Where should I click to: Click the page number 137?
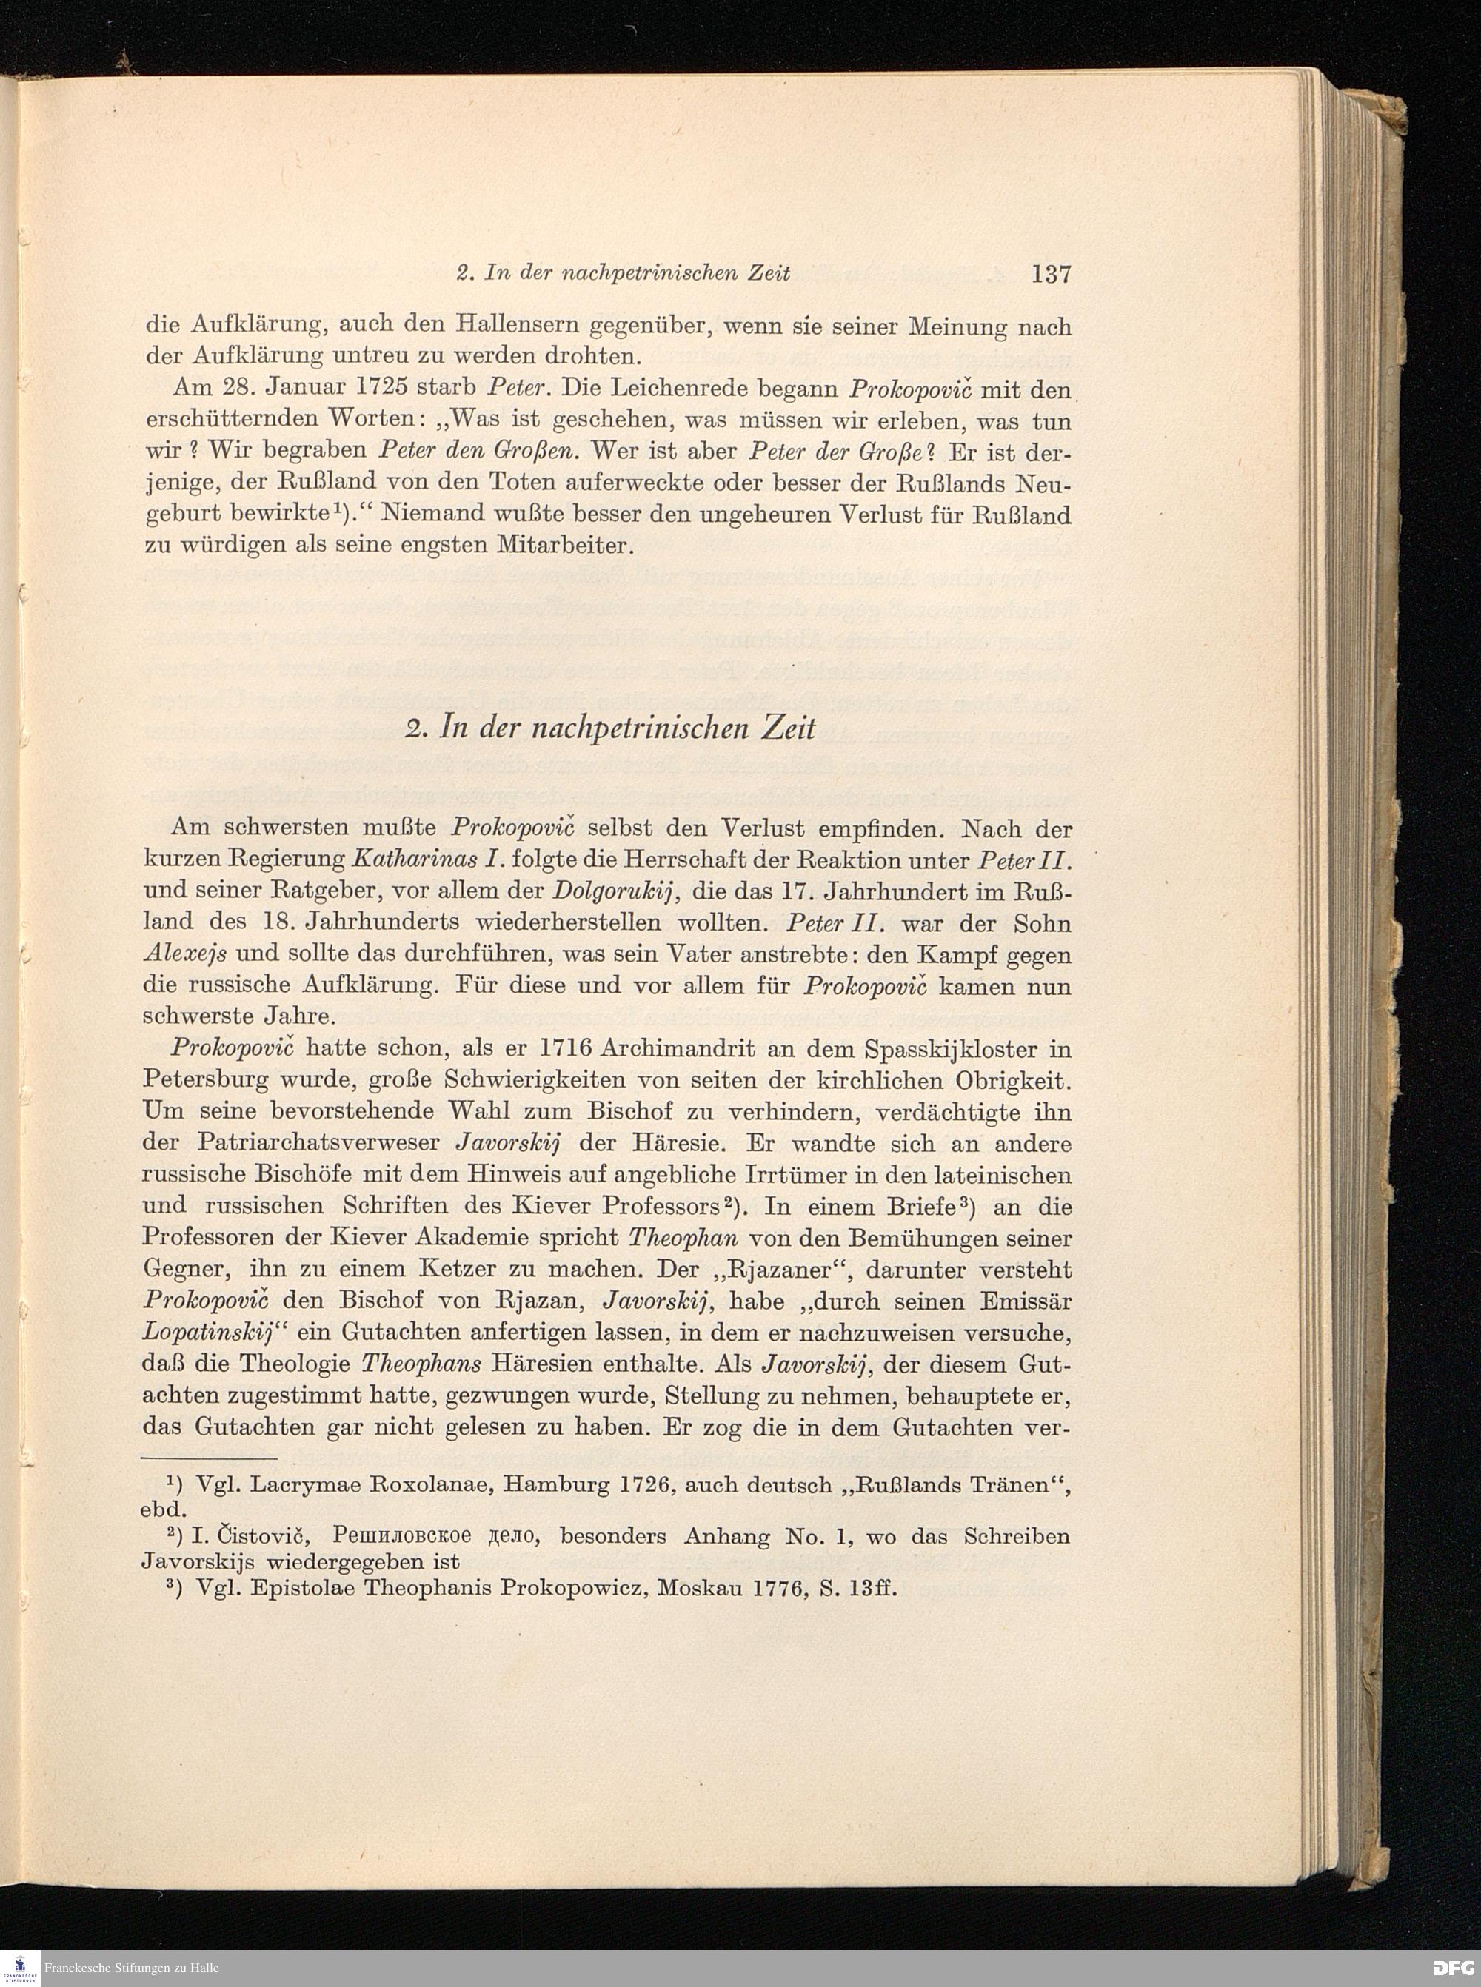1051,274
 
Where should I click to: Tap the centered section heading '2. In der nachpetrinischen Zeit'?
610,728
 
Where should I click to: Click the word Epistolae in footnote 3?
307,1588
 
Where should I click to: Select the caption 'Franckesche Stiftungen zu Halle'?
131,1968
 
